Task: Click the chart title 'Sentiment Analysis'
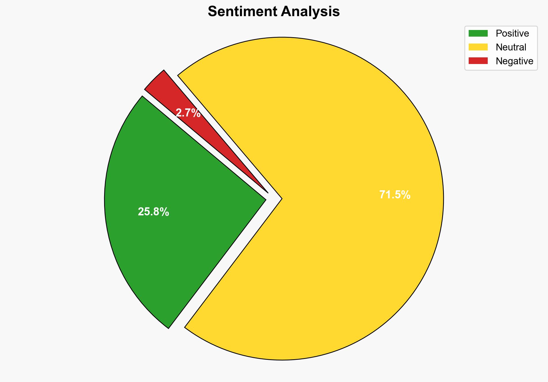(274, 12)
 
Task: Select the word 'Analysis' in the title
(311, 12)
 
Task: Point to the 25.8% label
(153, 212)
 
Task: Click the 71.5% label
(395, 195)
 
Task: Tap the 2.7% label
(188, 113)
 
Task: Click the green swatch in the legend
(478, 33)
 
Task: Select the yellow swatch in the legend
(478, 47)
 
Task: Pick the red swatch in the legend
(478, 61)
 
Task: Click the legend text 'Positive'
(512, 33)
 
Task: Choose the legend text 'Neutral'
(511, 47)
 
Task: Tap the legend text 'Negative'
(514, 61)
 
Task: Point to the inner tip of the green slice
(265, 199)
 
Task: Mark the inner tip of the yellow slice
(281, 199)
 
